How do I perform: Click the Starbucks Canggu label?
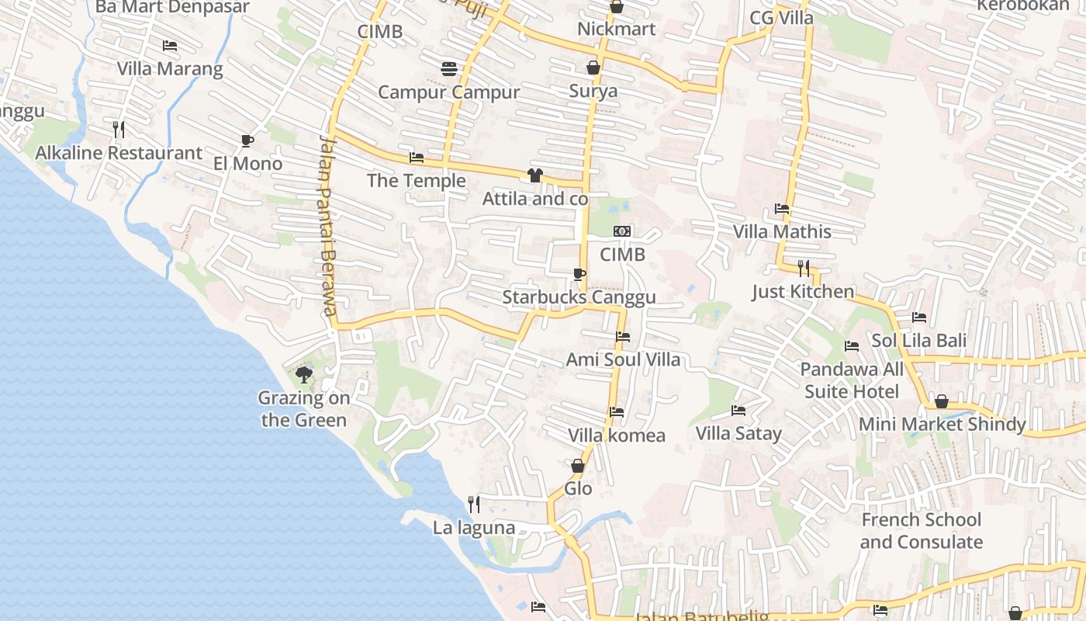[x=579, y=297]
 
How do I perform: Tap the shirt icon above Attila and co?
[x=534, y=175]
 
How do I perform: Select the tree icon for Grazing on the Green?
[x=304, y=375]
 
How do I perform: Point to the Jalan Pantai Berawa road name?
[x=328, y=225]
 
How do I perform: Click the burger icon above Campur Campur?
[x=448, y=69]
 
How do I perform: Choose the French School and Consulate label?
[x=922, y=531]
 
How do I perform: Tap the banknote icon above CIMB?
[x=622, y=231]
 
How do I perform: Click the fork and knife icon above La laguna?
[x=474, y=505]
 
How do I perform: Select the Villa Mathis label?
[x=782, y=231]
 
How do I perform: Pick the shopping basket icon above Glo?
[x=578, y=466]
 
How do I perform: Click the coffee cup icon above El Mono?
[x=247, y=141]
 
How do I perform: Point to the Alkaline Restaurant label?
[x=119, y=153]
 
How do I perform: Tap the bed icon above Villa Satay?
[x=738, y=410]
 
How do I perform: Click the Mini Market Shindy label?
[x=942, y=425]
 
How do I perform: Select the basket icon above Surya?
[x=593, y=68]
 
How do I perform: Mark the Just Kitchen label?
[x=803, y=292]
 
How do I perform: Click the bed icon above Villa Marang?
[x=170, y=46]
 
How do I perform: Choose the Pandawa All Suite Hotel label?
[x=852, y=380]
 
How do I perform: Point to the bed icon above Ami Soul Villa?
[x=622, y=337]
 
